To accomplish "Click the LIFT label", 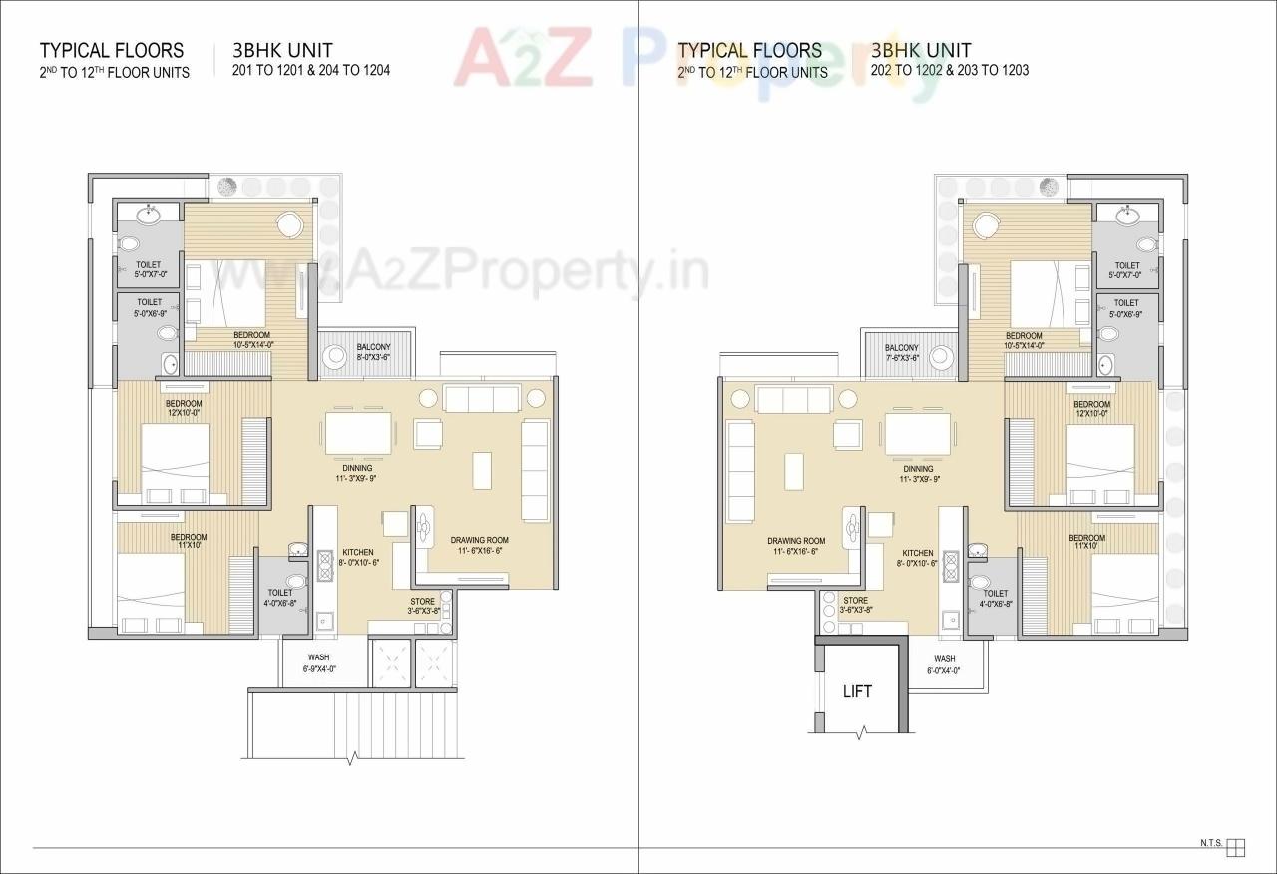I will pyautogui.click(x=857, y=691).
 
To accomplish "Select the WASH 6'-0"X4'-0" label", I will pyautogui.click(x=945, y=665).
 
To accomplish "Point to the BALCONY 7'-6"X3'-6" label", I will pyautogui.click(x=901, y=352).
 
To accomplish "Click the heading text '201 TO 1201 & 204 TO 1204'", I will pyautogui.click(x=310, y=71).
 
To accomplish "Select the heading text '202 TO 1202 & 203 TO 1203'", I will pyautogui.click(x=949, y=71).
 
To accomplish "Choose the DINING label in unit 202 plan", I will pyautogui.click(x=918, y=473).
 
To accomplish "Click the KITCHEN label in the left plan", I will pyautogui.click(x=358, y=557).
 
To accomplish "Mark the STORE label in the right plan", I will pyautogui.click(x=855, y=605).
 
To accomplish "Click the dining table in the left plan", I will pyautogui.click(x=356, y=434).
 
